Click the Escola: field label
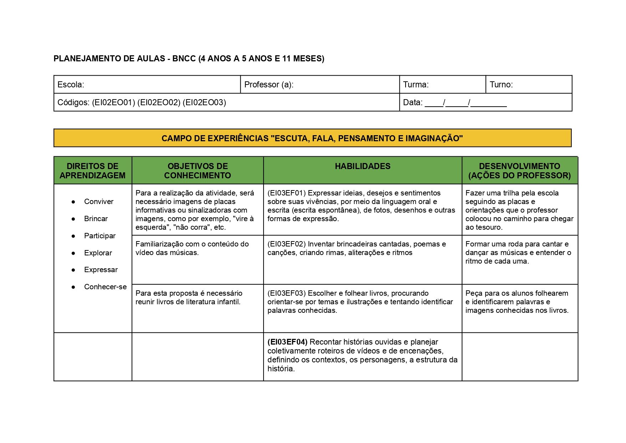[x=71, y=85]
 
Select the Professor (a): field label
[x=269, y=85]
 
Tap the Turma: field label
[x=416, y=85]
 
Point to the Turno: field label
[x=501, y=85]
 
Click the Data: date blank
[x=465, y=103]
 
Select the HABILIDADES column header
[x=362, y=166]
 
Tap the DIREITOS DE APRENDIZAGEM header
[x=92, y=170]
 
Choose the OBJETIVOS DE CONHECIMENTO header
[x=198, y=170]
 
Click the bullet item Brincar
[x=96, y=219]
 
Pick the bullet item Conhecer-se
[x=105, y=287]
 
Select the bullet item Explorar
[x=98, y=253]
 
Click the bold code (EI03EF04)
[x=287, y=342]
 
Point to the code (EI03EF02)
[x=286, y=244]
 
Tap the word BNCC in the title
[x=184, y=58]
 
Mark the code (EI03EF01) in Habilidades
[x=286, y=193]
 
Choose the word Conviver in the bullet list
[x=98, y=202]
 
